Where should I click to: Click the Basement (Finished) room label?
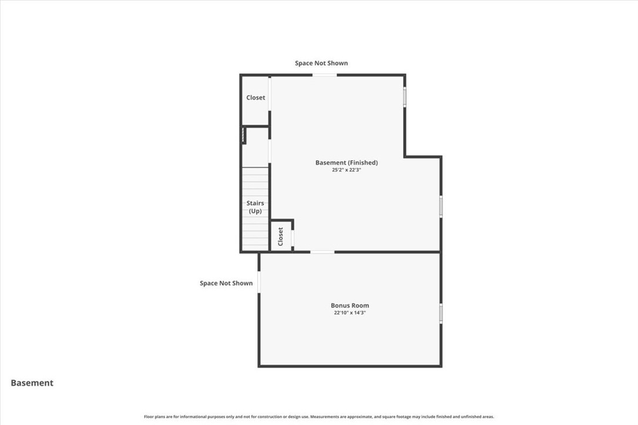click(x=346, y=163)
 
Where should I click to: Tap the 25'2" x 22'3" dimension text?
click(x=346, y=170)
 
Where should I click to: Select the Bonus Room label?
click(x=350, y=305)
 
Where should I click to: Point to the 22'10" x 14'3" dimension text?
click(x=350, y=313)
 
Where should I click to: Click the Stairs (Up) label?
click(x=255, y=207)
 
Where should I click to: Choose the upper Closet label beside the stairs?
click(x=256, y=97)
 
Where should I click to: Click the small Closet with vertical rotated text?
click(x=281, y=236)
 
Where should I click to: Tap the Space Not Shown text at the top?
click(x=321, y=63)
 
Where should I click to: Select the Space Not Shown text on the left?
click(x=226, y=283)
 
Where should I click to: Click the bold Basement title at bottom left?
click(x=32, y=383)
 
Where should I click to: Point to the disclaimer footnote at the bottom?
click(x=319, y=417)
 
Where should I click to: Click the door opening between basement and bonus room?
click(x=322, y=252)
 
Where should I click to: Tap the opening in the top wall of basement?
click(x=324, y=75)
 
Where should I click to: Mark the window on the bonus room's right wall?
click(x=441, y=313)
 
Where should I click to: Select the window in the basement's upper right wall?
click(x=405, y=97)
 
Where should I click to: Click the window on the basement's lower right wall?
click(x=441, y=207)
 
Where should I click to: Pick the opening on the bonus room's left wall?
click(x=259, y=282)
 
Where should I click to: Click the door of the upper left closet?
click(x=270, y=94)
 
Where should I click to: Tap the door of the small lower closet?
click(x=293, y=238)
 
